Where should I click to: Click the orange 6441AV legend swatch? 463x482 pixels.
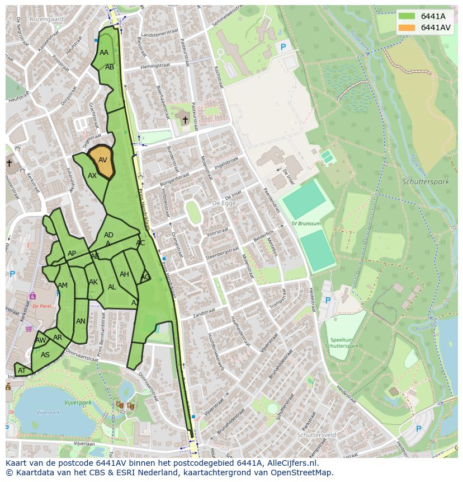[407, 27]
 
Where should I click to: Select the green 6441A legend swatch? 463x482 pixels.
[407, 16]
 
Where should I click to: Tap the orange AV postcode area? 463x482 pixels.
[102, 161]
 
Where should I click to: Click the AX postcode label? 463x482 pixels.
[92, 175]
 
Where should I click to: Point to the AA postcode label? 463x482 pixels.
[104, 53]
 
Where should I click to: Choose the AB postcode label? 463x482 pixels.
[110, 67]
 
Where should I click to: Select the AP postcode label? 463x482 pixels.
[72, 254]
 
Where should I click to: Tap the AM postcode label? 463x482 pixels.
[63, 286]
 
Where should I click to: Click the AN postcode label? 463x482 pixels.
[81, 321]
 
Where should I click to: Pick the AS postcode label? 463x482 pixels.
[45, 355]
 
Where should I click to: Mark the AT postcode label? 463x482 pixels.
[22, 371]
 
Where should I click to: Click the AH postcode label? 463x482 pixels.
[124, 274]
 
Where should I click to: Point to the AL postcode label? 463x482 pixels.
[112, 287]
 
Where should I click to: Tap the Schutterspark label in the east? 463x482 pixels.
[426, 182]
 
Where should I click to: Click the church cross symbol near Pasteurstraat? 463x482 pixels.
[185, 120]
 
